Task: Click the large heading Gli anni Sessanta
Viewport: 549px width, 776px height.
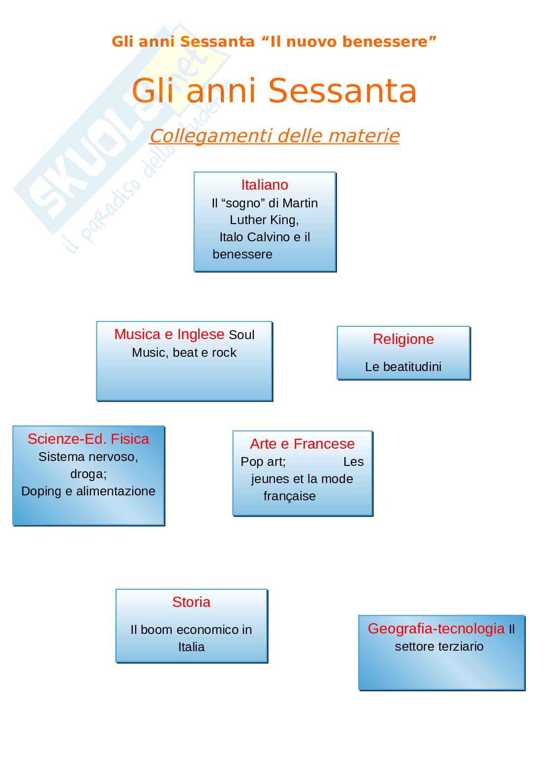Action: pos(274,91)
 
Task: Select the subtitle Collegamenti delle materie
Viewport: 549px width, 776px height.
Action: pos(274,136)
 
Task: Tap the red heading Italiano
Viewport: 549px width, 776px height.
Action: pos(265,185)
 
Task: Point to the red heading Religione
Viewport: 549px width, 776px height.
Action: pos(403,339)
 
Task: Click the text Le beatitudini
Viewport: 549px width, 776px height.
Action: pos(403,367)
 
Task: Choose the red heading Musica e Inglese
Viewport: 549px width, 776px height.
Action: pos(169,334)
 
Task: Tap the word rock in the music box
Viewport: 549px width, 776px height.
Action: pos(224,353)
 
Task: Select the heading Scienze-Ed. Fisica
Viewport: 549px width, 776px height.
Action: pos(88,439)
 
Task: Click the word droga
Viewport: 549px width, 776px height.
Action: pos(88,474)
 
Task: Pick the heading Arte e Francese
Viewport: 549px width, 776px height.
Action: pos(302,444)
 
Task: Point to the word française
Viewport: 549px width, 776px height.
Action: pos(289,496)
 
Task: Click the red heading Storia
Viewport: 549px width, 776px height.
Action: pos(191,602)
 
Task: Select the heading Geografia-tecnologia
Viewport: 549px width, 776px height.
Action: pos(436,629)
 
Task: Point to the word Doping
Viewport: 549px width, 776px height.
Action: pos(41,491)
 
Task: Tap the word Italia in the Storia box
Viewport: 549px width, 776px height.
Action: pos(191,647)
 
